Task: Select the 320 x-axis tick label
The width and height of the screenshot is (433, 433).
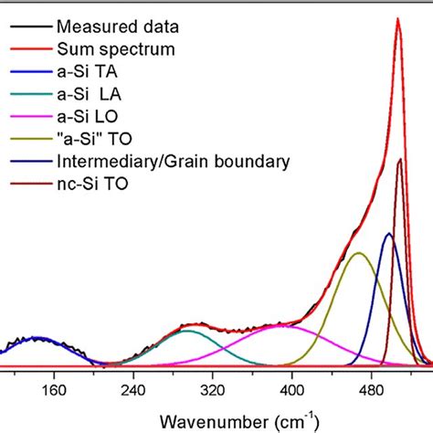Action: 212,389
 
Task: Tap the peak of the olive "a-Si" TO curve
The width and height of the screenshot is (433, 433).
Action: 359,253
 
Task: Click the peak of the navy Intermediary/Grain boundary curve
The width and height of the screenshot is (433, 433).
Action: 388,234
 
